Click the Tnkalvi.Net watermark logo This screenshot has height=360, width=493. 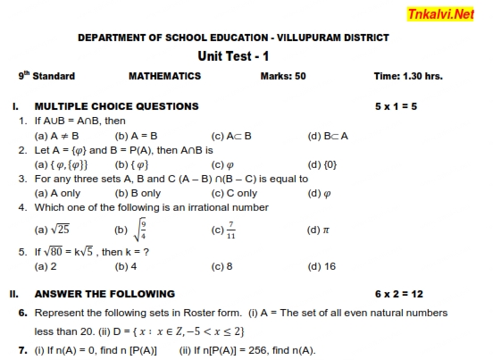point(440,14)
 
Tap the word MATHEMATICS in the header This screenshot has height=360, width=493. point(164,77)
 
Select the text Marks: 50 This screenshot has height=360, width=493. point(282,77)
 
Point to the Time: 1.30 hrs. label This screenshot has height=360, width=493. point(407,77)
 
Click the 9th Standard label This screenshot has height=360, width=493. point(46,76)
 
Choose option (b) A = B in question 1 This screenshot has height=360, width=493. point(136,136)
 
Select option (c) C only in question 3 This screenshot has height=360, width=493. point(234,193)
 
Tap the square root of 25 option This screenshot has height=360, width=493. point(54,230)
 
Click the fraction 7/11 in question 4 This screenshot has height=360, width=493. point(230,230)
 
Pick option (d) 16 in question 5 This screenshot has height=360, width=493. point(322,266)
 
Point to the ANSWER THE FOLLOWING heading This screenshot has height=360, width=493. point(104,294)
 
